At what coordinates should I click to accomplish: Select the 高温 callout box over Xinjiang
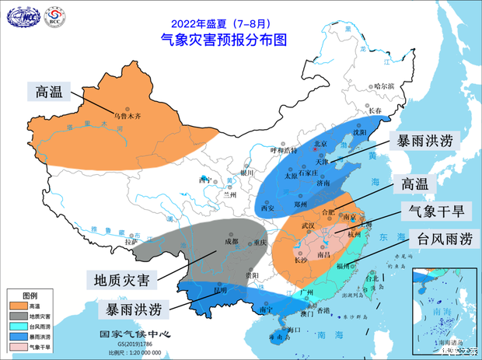point(52,92)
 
